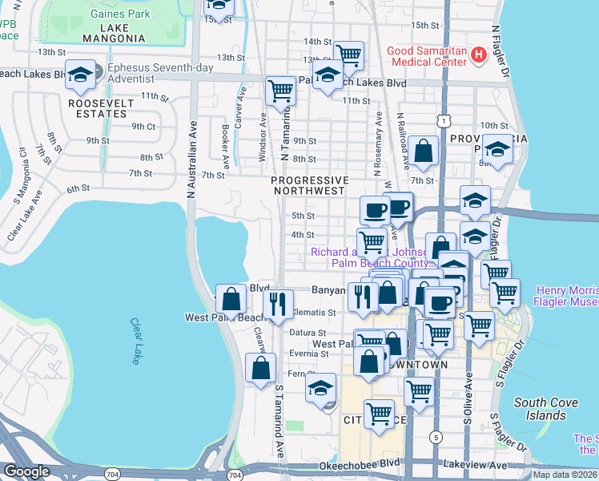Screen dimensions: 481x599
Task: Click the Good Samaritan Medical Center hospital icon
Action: point(479,55)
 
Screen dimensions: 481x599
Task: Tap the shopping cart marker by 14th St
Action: point(348,55)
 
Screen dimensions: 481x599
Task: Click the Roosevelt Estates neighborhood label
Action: point(97,108)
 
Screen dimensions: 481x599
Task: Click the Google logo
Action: point(26,471)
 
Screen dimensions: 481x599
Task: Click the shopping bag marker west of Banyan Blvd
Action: point(231,299)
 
